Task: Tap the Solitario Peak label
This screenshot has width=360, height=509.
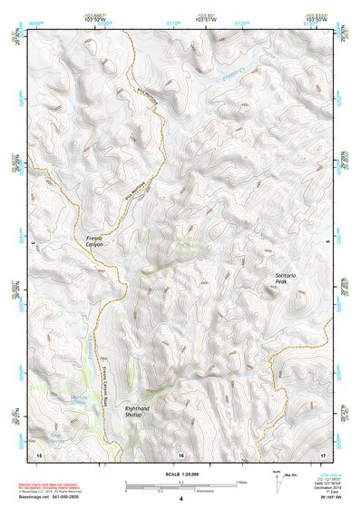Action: (x=287, y=279)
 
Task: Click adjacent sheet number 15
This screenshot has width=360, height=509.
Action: (x=38, y=453)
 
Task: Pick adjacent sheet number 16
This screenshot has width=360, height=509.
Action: (x=180, y=453)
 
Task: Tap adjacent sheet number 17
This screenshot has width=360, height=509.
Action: (x=322, y=453)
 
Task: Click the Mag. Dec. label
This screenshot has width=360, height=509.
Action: (x=291, y=476)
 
